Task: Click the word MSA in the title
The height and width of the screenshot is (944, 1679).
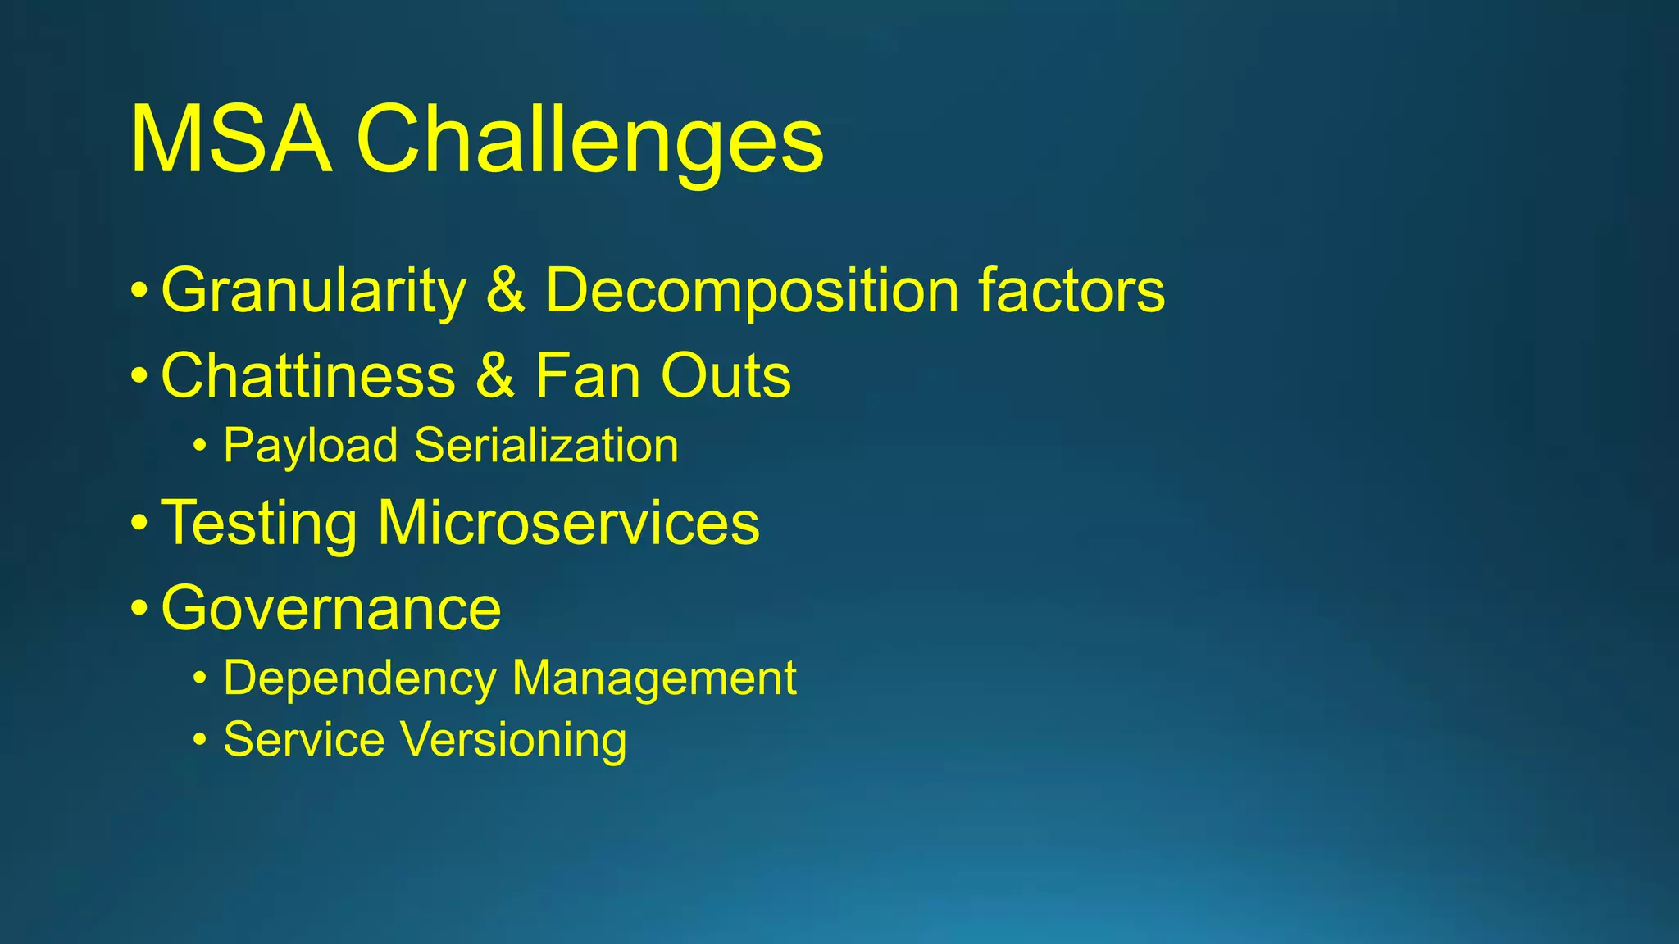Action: pyautogui.click(x=231, y=139)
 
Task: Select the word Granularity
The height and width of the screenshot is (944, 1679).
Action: pyautogui.click(x=314, y=291)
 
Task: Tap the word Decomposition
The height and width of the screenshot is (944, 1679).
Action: pyautogui.click(x=752, y=291)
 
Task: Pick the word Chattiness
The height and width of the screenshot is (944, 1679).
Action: pyautogui.click(x=308, y=375)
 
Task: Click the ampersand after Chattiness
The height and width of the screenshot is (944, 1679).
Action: pyautogui.click(x=495, y=375)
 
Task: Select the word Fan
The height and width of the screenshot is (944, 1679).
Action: pyautogui.click(x=587, y=375)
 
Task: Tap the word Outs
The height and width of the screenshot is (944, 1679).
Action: pyautogui.click(x=726, y=375)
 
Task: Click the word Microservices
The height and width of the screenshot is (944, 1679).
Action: pyautogui.click(x=568, y=523)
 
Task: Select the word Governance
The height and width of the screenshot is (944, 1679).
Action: pyautogui.click(x=331, y=608)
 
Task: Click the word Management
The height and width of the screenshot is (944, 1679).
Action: pyautogui.click(x=653, y=678)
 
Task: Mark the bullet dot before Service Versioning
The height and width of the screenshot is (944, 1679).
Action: pyautogui.click(x=200, y=741)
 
